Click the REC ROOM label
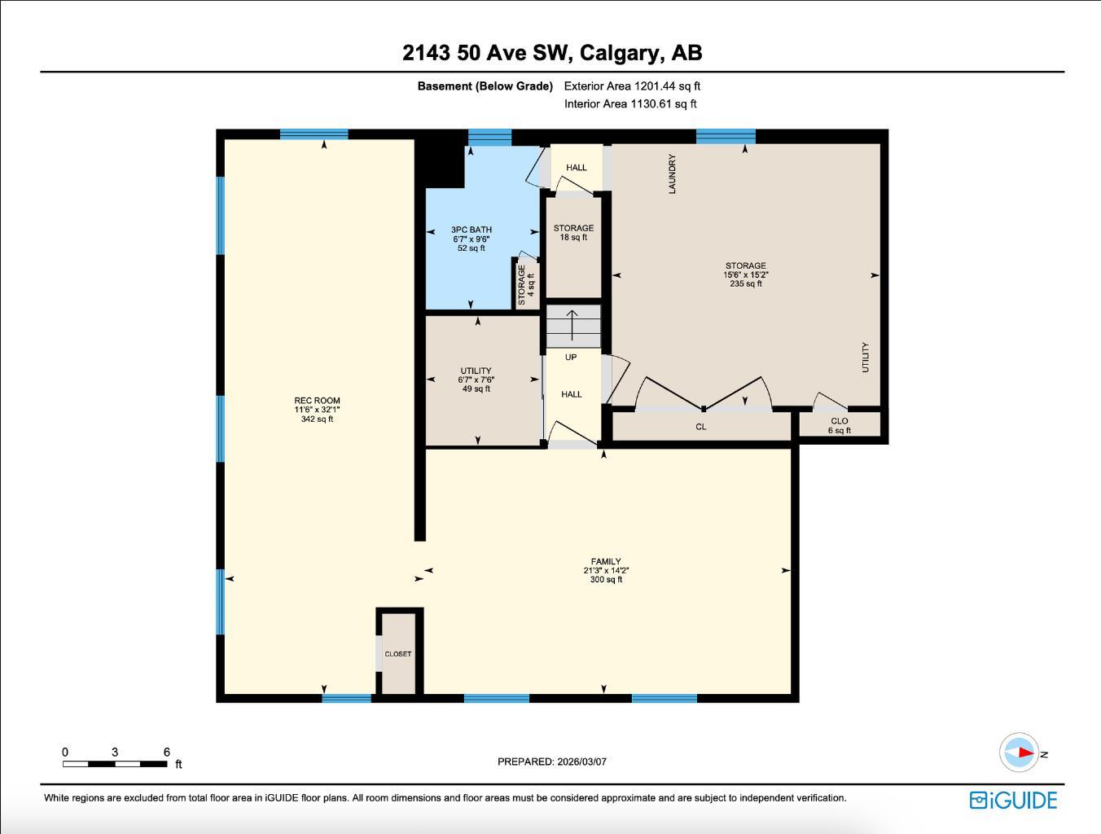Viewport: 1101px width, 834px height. (x=317, y=409)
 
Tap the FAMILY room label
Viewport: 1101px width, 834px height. (x=606, y=570)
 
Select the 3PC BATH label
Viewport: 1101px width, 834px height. (x=471, y=239)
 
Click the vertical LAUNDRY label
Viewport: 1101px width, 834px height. (x=673, y=173)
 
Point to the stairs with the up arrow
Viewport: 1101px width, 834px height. (x=572, y=326)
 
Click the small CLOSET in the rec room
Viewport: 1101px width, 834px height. (x=398, y=653)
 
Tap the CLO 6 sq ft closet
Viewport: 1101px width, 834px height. (x=840, y=425)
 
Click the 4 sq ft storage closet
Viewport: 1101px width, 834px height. (x=526, y=283)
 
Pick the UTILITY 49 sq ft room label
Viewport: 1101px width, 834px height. (x=476, y=380)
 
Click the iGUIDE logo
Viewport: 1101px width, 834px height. (x=1013, y=800)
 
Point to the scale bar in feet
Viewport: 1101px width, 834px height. (x=115, y=763)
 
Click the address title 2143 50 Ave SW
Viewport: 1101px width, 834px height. (x=551, y=53)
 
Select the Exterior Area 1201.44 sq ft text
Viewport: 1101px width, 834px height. (x=632, y=86)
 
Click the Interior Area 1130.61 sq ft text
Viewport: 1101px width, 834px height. (x=630, y=103)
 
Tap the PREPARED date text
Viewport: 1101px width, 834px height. (x=551, y=762)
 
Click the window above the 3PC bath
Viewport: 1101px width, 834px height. (x=489, y=136)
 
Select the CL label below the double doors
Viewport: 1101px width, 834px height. (x=700, y=427)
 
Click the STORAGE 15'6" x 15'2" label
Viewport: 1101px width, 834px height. (x=745, y=274)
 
